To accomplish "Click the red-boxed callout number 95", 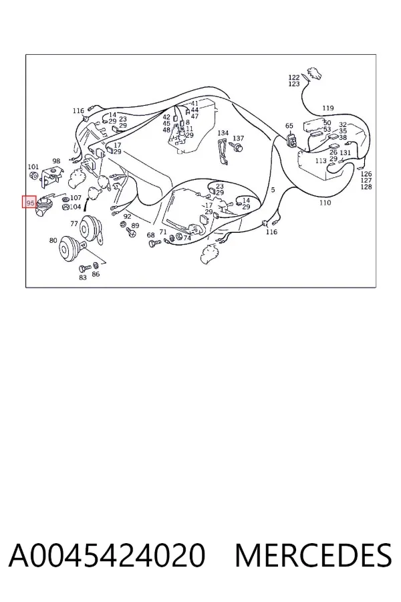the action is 30,202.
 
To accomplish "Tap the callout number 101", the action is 33,167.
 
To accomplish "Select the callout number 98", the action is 56,161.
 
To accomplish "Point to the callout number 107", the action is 76,198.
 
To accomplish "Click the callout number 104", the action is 76,207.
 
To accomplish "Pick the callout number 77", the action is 74,223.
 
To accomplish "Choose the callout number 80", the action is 53,240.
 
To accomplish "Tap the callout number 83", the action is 83,277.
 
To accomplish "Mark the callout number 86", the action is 96,274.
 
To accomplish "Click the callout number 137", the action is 239,138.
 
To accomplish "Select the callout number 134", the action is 223,133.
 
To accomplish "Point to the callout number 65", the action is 289,126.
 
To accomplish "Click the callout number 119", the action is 327,108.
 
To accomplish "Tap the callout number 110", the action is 325,202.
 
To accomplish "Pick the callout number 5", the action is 273,190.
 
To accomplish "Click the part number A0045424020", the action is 107,555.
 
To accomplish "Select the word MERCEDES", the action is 313,555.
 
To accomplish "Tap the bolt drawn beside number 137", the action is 237,147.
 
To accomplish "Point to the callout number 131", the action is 346,153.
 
